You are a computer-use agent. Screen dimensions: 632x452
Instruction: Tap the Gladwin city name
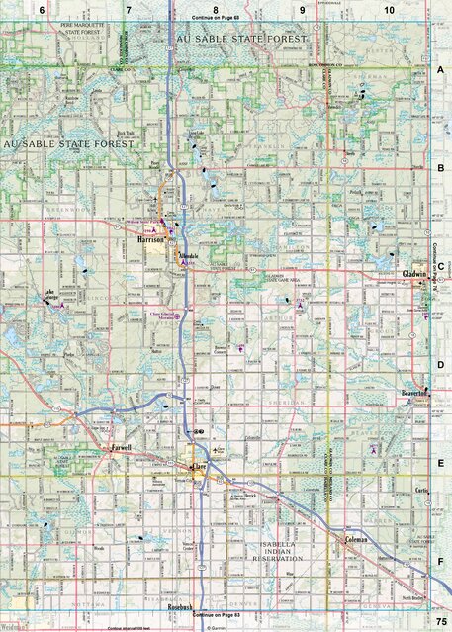pyautogui.click(x=412, y=274)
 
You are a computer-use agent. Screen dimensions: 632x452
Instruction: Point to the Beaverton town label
pyautogui.click(x=410, y=393)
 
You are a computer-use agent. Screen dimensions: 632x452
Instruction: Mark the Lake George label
pyautogui.click(x=56, y=295)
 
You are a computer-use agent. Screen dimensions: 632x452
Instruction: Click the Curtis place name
pyautogui.click(x=421, y=492)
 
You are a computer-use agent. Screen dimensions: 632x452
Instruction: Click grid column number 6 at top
pyautogui.click(x=43, y=9)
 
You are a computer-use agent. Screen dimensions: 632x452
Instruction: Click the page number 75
pyautogui.click(x=439, y=618)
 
